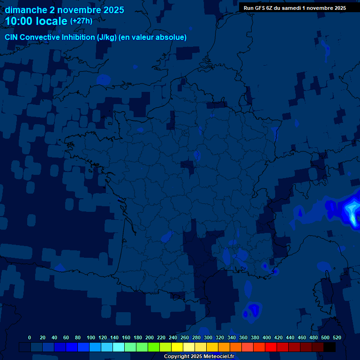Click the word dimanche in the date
(x=25, y=10)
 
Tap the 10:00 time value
(x=19, y=21)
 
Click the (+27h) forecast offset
(x=81, y=21)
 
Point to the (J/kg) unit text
(x=107, y=37)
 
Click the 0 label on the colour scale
(x=30, y=337)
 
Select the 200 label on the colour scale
(x=150, y=337)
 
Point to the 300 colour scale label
(x=208, y=337)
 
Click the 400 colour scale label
(x=266, y=337)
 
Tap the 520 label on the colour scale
(x=337, y=337)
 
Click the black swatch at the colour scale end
(x=330, y=347)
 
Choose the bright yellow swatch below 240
(x=177, y=347)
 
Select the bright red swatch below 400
(x=271, y=347)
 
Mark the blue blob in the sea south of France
(x=254, y=309)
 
